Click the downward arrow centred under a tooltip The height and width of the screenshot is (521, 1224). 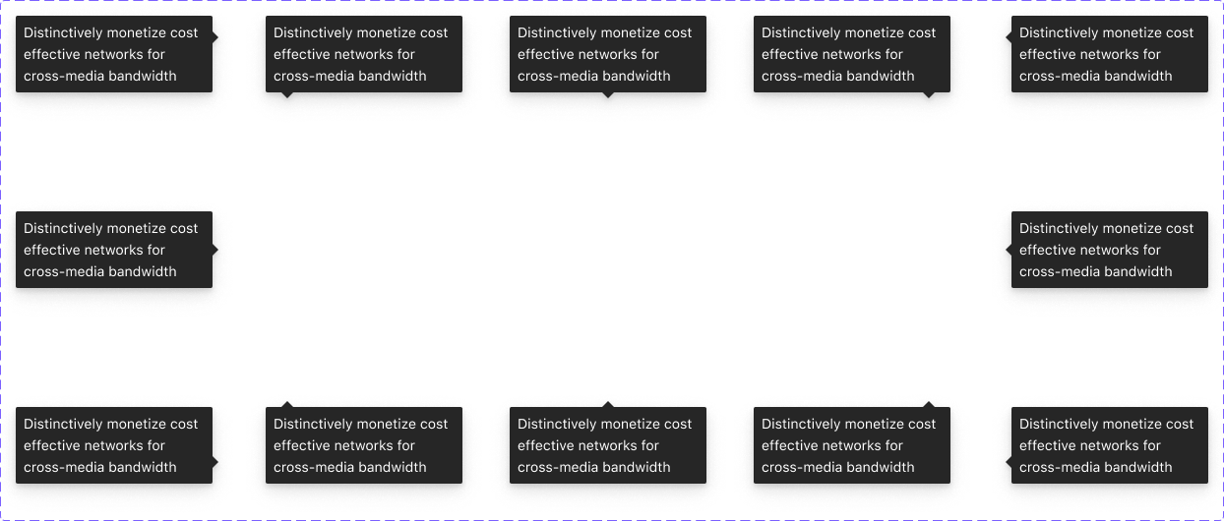[x=607, y=95]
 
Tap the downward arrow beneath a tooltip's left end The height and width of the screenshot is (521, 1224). [x=287, y=95]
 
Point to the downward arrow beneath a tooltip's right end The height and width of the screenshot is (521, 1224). [x=928, y=95]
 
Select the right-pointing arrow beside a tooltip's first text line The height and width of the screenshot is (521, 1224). [x=214, y=32]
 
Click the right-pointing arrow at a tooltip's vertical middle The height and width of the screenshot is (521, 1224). [x=214, y=250]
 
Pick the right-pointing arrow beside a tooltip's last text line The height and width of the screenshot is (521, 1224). [x=214, y=467]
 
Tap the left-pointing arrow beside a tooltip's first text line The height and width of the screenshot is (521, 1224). [x=1009, y=32]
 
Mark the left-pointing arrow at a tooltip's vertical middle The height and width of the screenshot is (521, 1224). [x=1009, y=250]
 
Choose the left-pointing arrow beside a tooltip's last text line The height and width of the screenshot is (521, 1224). [x=1009, y=467]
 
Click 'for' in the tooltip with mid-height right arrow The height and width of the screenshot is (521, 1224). [x=154, y=250]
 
